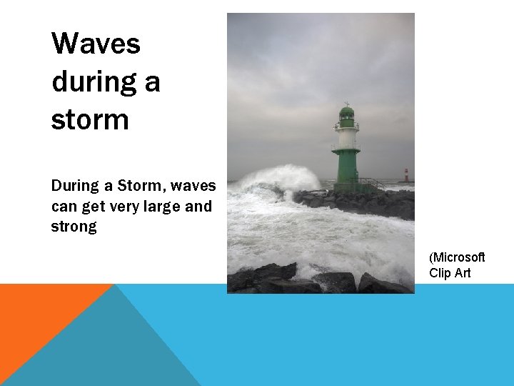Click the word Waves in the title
tap(96, 44)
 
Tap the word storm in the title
tap(90, 119)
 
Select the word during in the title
tap(96, 81)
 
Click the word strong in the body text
tap(74, 227)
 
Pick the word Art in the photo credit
tap(462, 272)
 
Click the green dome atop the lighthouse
tap(346, 113)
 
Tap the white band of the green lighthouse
tap(347, 137)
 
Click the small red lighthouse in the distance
tap(406, 176)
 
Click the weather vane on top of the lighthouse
tap(346, 103)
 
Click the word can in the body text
tap(64, 207)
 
